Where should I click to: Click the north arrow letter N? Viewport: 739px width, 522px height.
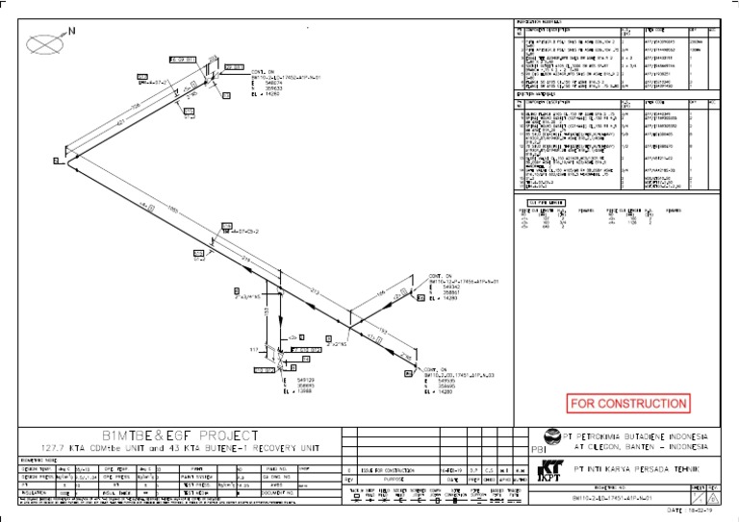(x=70, y=31)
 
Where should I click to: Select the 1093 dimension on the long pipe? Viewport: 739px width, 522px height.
(x=173, y=208)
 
